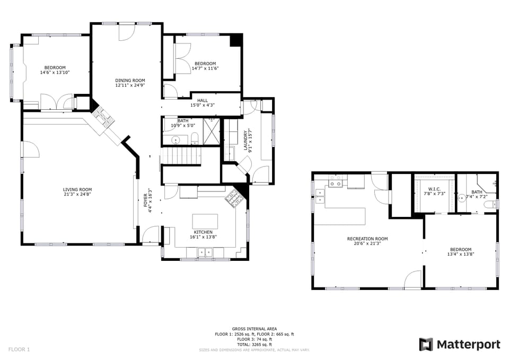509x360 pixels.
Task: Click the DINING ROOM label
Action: pos(130,80)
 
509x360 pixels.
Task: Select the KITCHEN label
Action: pos(203,232)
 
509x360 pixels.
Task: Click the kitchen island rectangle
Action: pos(205,221)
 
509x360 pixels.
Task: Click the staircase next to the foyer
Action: pos(180,156)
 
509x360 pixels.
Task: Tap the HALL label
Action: pos(203,100)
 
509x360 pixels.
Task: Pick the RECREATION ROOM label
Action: pos(367,239)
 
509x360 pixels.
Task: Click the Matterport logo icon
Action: pos(426,345)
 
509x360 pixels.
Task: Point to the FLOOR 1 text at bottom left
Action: pos(19,349)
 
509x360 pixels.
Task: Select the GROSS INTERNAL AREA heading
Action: pos(254,329)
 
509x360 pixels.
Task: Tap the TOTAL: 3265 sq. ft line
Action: pos(254,345)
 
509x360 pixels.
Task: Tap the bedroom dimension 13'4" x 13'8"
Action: pos(460,254)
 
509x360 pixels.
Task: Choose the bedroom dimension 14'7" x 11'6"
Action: pos(205,68)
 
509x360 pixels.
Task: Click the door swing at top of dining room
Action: pos(126,32)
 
